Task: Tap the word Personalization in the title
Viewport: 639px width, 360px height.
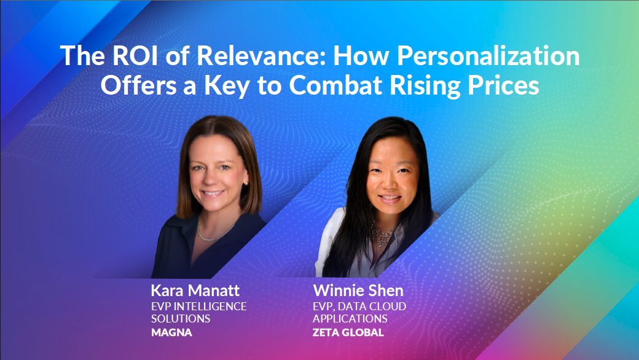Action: point(488,57)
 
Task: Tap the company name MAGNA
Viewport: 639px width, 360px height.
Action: point(171,333)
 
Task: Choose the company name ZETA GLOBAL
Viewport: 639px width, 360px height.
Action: point(348,333)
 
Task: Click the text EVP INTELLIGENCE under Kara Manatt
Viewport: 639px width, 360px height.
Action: point(198,306)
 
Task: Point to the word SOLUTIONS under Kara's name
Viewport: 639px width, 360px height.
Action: point(181,319)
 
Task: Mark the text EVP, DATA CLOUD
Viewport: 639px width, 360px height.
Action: point(359,306)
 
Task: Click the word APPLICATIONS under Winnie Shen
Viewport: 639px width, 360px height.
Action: point(350,319)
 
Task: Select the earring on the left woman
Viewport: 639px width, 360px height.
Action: point(246,184)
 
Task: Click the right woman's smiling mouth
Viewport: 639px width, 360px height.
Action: point(389,198)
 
